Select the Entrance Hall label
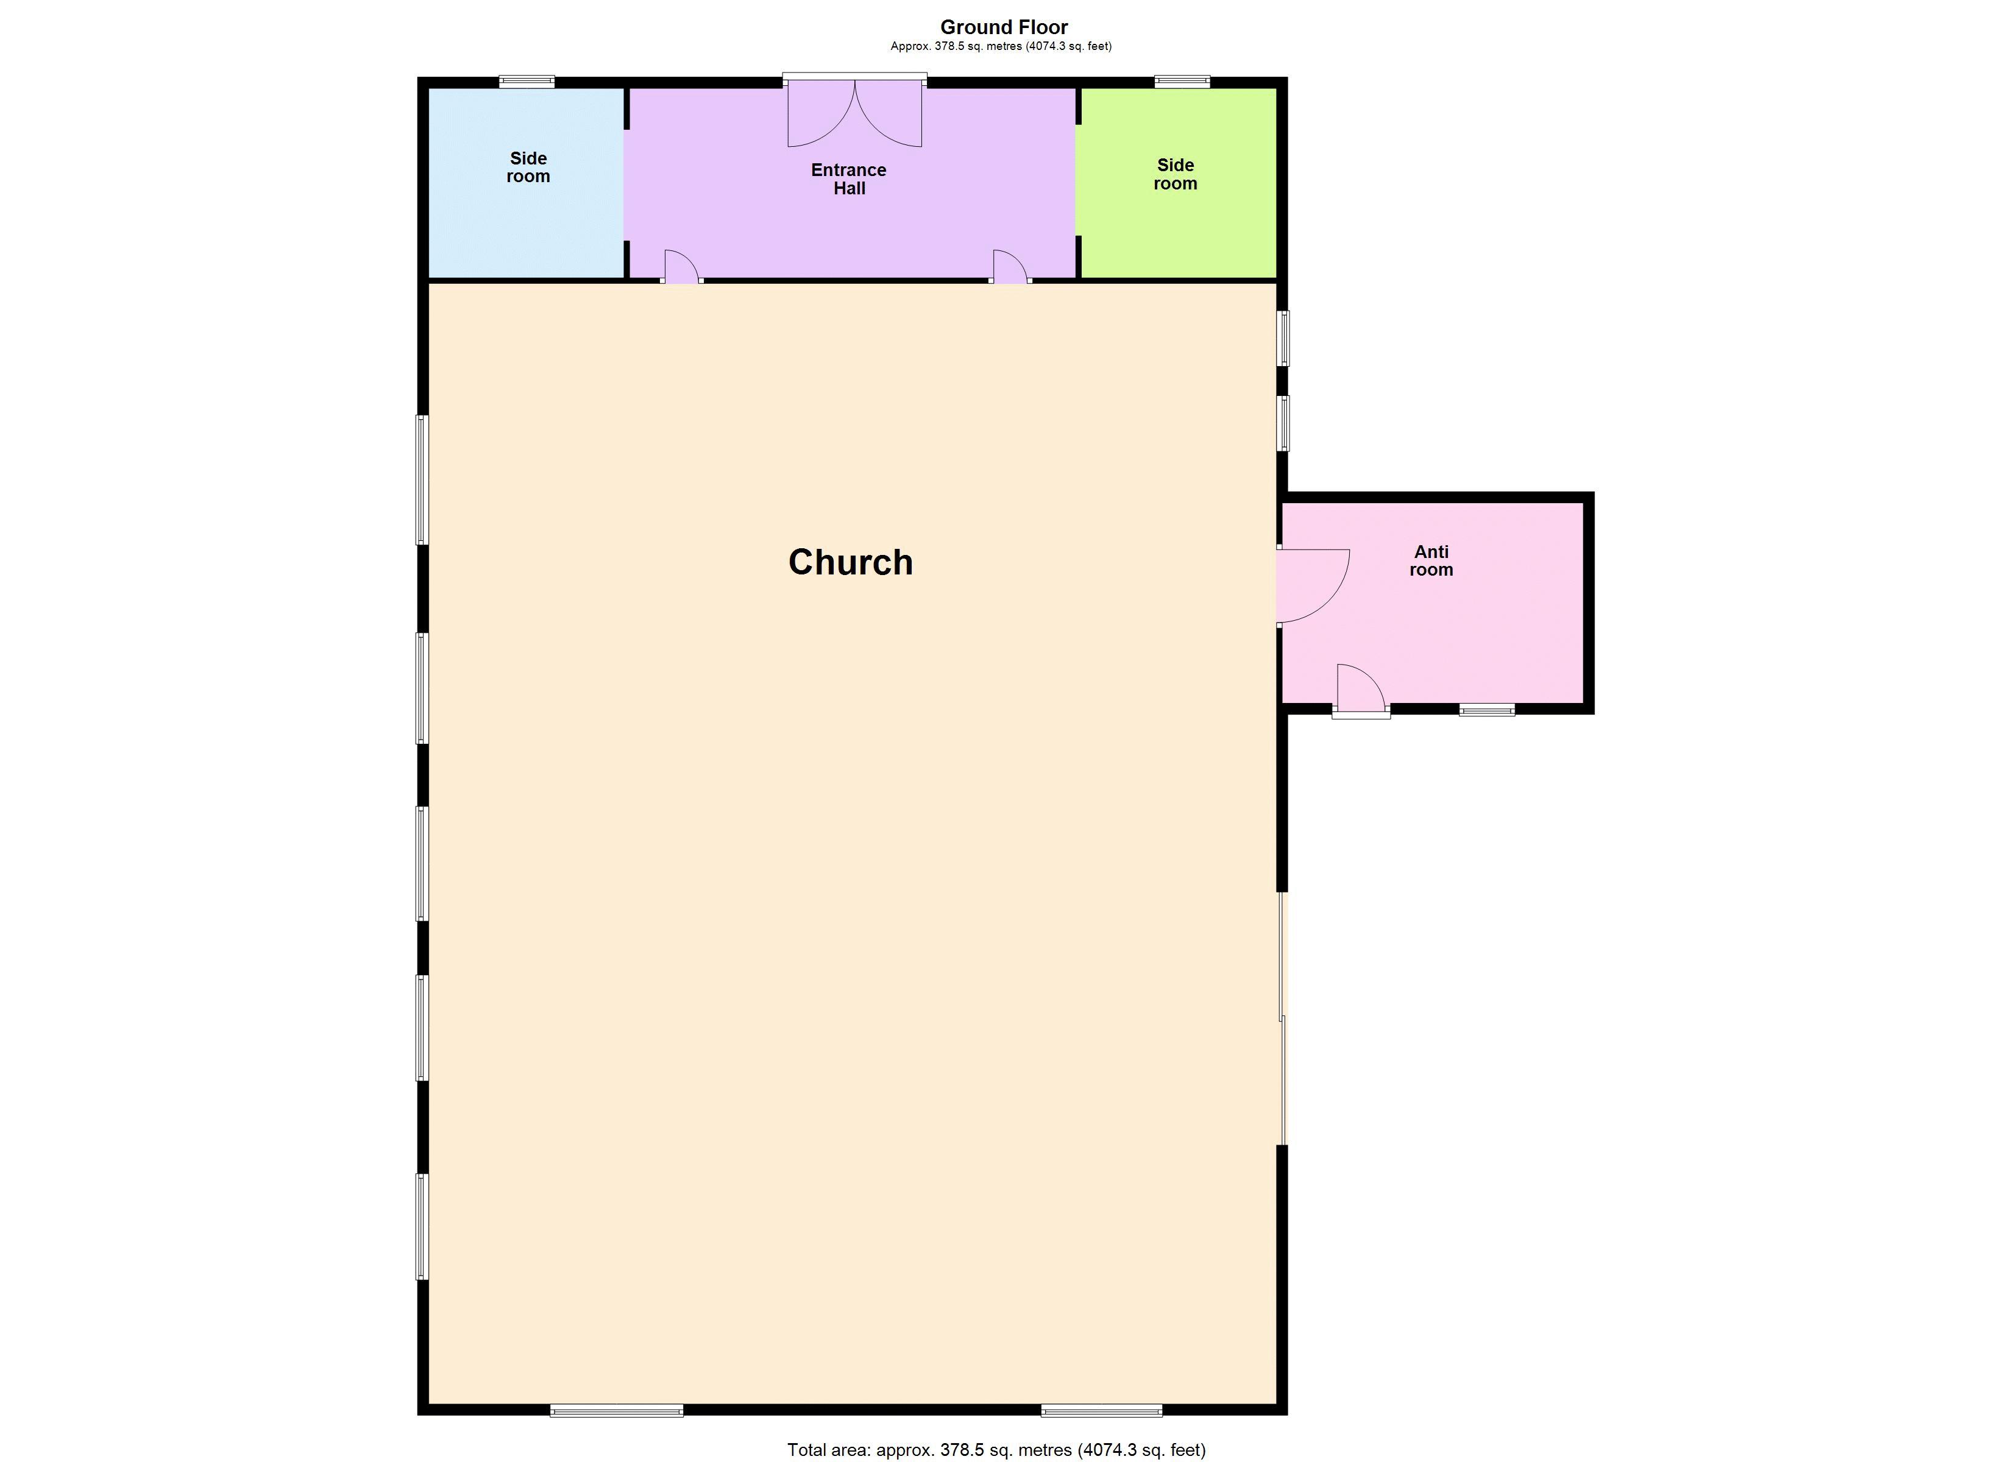click(x=848, y=179)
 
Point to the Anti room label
click(x=1431, y=561)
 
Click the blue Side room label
click(x=528, y=168)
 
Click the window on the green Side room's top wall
click(x=1182, y=82)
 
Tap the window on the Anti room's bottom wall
click(x=1487, y=709)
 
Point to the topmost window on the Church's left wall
click(x=423, y=479)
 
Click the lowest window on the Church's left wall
click(x=423, y=1227)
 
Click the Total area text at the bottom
click(x=996, y=1450)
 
